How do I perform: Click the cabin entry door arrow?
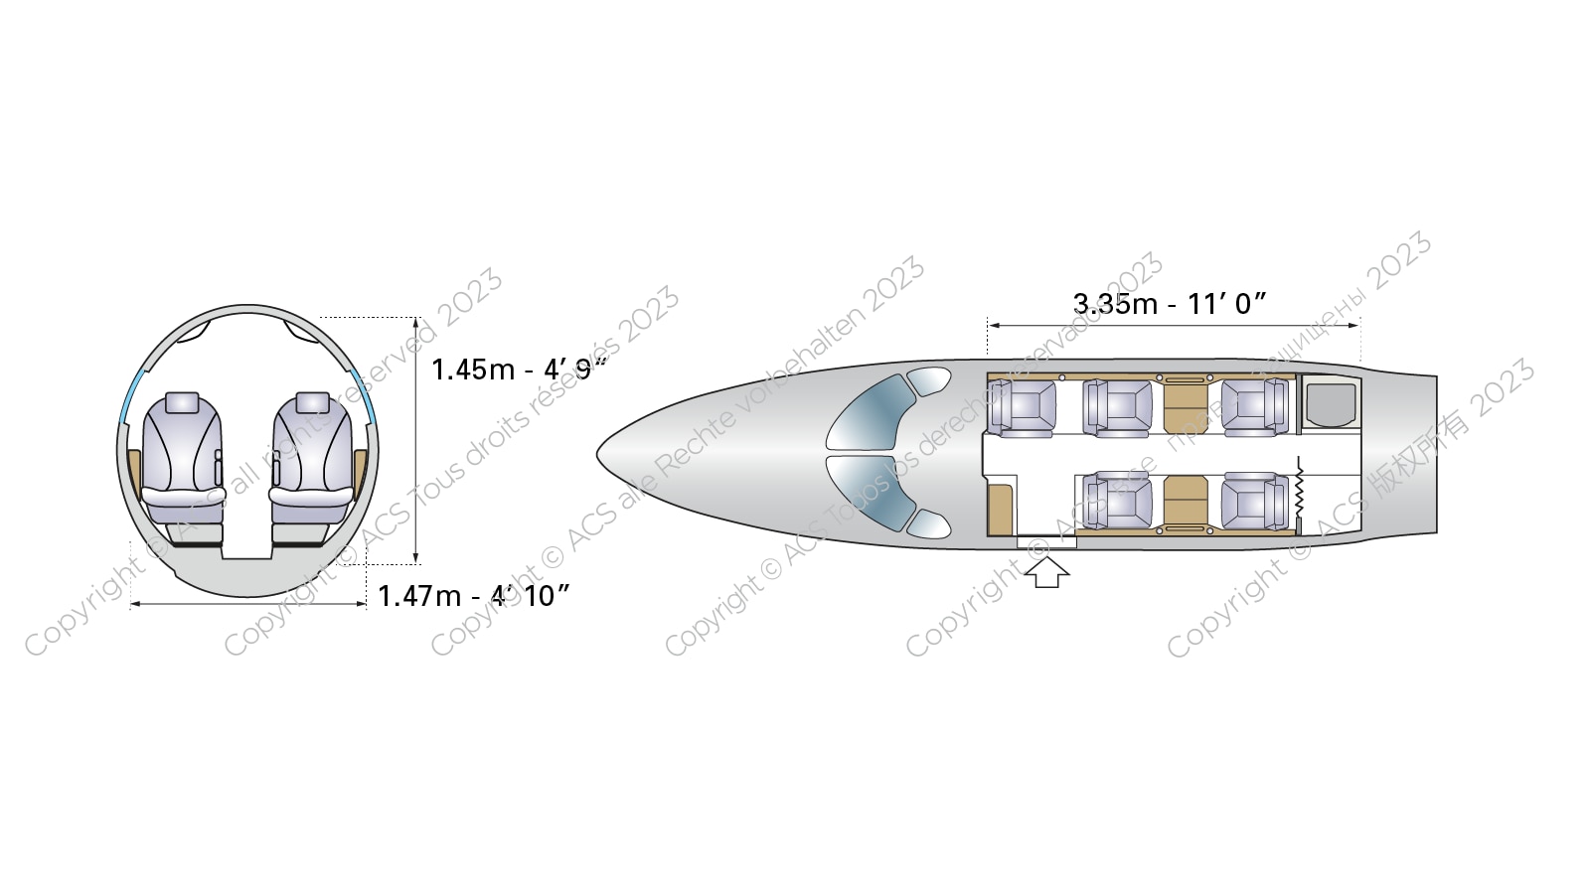[x=1046, y=572]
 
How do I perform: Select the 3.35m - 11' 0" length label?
[x=1170, y=303]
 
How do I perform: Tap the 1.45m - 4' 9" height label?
[x=518, y=370]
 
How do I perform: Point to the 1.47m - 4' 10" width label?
[x=474, y=595]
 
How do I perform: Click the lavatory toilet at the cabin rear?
[x=1330, y=403]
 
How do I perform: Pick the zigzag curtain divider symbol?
[x=1299, y=490]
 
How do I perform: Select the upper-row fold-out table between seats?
[x=1185, y=405]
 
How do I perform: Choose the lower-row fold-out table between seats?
[x=1185, y=502]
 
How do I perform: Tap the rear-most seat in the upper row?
[x=1254, y=407]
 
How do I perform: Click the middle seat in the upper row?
[x=1118, y=407]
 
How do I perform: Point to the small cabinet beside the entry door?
[x=1002, y=508]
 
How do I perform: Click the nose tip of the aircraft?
[x=600, y=455]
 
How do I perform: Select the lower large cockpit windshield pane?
[x=872, y=494]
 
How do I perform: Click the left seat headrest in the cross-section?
[x=182, y=402]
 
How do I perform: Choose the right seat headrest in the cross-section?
[x=312, y=402]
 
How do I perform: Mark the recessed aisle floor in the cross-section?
[x=246, y=552]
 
